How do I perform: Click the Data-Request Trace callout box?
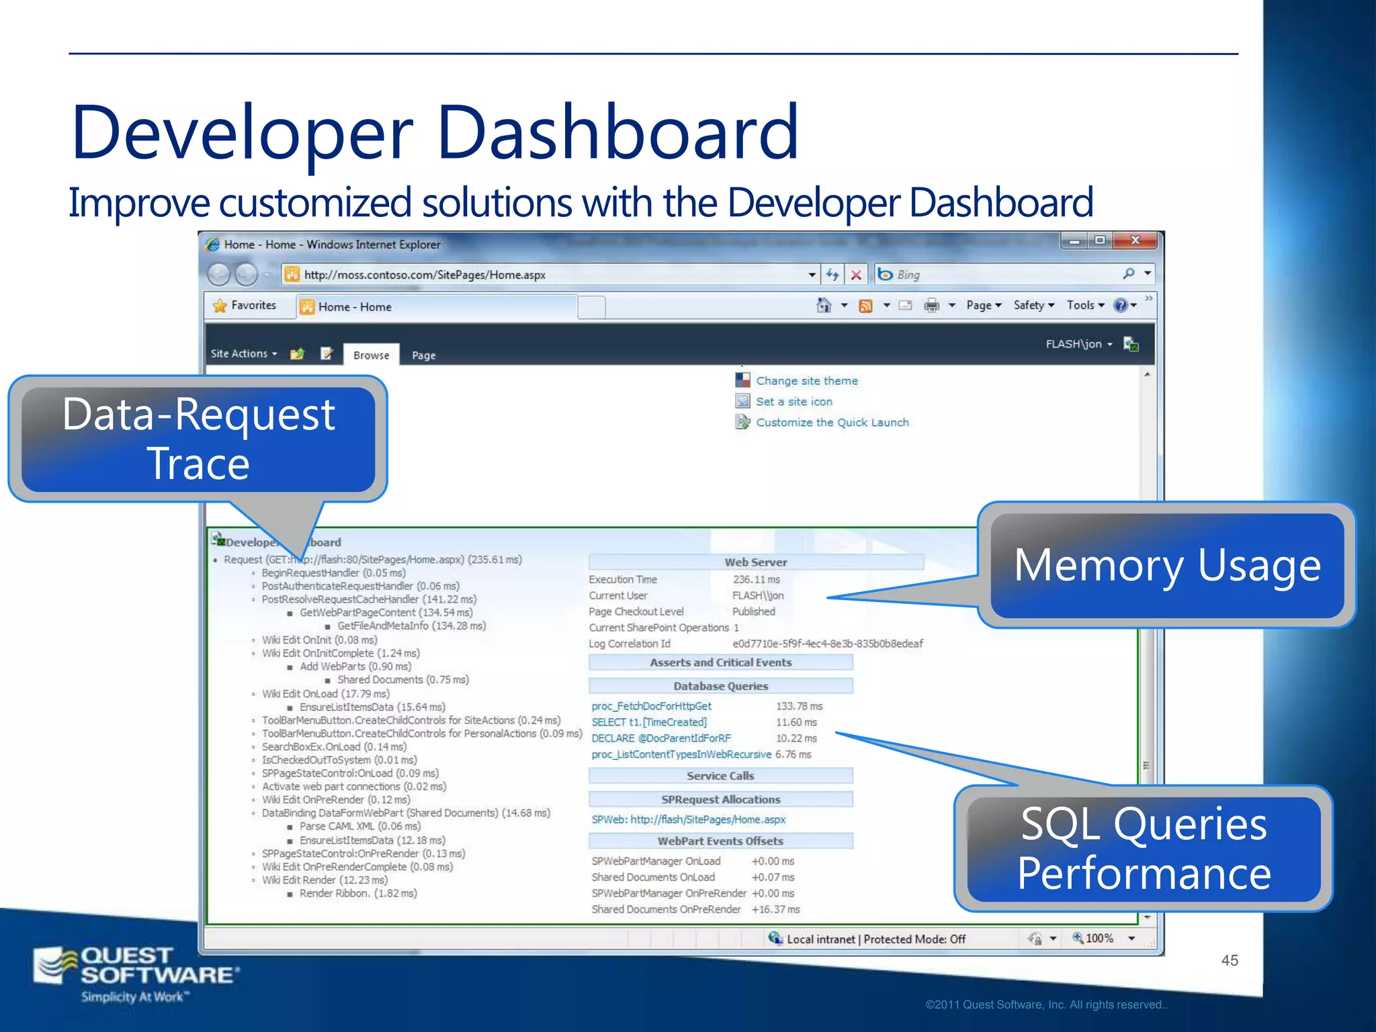pyautogui.click(x=198, y=438)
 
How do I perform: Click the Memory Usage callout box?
pyautogui.click(x=1167, y=565)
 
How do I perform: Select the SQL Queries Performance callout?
pyautogui.click(x=1144, y=848)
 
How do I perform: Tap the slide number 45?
pyautogui.click(x=1230, y=960)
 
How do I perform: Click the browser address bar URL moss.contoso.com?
pyautogui.click(x=425, y=275)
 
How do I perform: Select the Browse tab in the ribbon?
pyautogui.click(x=371, y=355)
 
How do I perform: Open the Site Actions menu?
pyautogui.click(x=243, y=353)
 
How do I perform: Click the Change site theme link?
pyautogui.click(x=806, y=381)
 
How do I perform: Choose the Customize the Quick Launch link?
pyautogui.click(x=832, y=423)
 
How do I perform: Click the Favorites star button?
pyautogui.click(x=245, y=306)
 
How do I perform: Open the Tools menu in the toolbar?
pyautogui.click(x=1084, y=305)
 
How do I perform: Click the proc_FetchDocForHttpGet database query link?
pyautogui.click(x=651, y=706)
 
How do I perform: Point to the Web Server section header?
pyautogui.click(x=755, y=562)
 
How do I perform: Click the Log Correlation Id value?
pyautogui.click(x=827, y=644)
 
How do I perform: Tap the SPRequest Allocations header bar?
pyautogui.click(x=720, y=800)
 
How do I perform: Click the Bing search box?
pyautogui.click(x=1001, y=275)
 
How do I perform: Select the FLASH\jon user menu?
pyautogui.click(x=1078, y=344)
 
